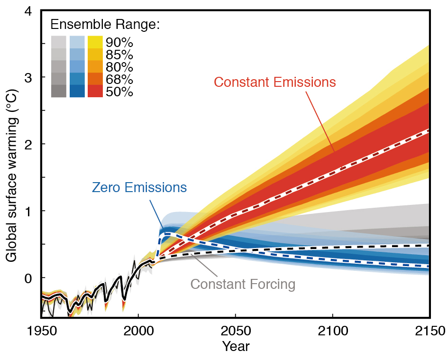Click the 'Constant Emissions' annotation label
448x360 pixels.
(x=274, y=82)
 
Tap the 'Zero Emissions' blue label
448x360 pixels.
(x=139, y=187)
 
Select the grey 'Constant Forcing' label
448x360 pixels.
(x=243, y=285)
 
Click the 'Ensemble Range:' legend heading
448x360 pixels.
(x=105, y=24)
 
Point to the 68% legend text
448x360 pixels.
(x=120, y=79)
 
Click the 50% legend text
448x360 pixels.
(x=120, y=92)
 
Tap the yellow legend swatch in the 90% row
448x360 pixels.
(x=96, y=42)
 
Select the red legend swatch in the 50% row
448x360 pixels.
(x=96, y=91)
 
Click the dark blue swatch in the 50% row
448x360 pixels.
(x=77, y=91)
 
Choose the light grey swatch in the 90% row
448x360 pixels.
(x=58, y=42)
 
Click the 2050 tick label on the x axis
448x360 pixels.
(x=235, y=330)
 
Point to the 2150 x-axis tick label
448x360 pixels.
(x=430, y=330)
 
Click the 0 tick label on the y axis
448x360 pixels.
(x=28, y=277)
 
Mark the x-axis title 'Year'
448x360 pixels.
(x=236, y=347)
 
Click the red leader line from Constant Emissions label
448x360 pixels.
(x=320, y=121)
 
